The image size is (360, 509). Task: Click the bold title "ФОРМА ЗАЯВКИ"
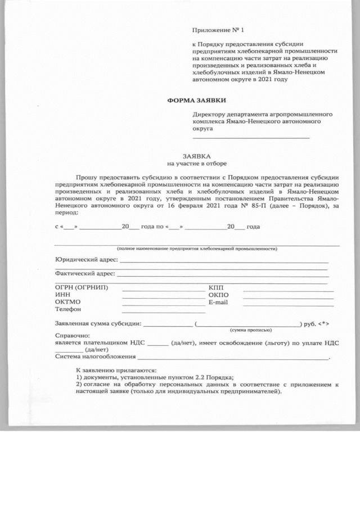coord(196,100)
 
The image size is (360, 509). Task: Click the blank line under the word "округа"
coord(251,137)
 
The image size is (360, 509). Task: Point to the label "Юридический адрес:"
coord(85,260)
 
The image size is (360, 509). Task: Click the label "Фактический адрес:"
coord(85,274)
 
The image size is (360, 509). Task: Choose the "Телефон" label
coord(68,310)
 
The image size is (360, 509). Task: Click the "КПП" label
coord(216,288)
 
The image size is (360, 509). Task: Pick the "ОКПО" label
coord(218,295)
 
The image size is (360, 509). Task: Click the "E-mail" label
coord(218,302)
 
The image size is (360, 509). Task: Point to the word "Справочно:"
coord(71,335)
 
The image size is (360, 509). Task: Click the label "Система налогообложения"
coord(95,357)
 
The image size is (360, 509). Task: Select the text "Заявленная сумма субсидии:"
coord(98,324)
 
